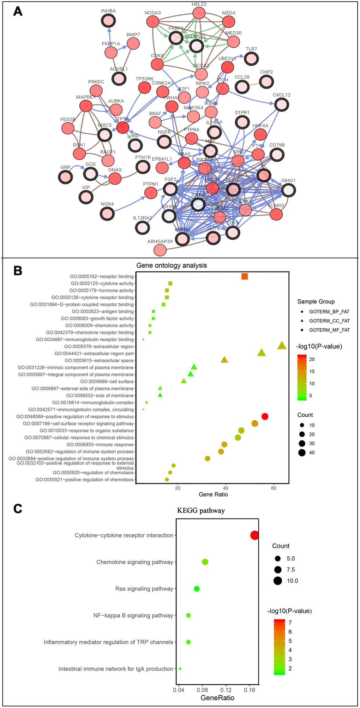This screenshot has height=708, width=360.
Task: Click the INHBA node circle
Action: point(108,21)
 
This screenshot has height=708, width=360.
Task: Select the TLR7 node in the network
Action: point(251,59)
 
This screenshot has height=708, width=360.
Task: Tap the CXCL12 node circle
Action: point(282,104)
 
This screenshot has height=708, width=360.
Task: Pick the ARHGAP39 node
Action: point(160,250)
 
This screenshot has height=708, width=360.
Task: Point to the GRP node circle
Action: point(65,177)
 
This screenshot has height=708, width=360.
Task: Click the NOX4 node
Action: point(107,214)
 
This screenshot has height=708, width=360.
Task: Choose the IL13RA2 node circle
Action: point(142,228)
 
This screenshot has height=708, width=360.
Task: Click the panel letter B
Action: point(18,270)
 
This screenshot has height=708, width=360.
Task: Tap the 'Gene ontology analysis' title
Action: point(172,265)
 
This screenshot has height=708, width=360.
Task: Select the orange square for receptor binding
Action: point(245,276)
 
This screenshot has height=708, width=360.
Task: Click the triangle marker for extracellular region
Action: point(282,346)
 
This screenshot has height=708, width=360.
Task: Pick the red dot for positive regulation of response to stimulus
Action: point(265,416)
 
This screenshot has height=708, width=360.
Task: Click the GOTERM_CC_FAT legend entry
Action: point(329,321)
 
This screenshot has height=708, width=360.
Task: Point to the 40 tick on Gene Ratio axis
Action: point(226,488)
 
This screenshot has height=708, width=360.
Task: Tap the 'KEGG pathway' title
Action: point(201,511)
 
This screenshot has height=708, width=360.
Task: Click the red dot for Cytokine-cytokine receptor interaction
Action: point(254,535)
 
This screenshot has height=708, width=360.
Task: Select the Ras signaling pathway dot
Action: point(197,589)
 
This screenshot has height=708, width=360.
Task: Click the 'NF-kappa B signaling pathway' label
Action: point(133,616)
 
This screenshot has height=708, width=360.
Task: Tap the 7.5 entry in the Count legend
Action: point(290,570)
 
